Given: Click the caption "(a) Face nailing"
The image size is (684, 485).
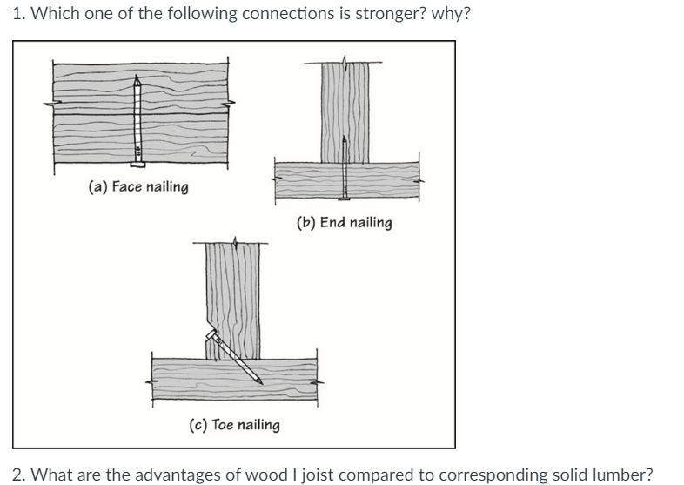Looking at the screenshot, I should [x=138, y=186].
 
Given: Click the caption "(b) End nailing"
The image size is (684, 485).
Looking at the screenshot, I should [x=344, y=223].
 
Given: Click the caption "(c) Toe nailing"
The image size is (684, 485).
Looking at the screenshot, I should [x=234, y=424].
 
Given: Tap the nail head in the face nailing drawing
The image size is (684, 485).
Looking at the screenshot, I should [x=137, y=164].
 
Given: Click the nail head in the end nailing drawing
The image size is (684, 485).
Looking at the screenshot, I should [x=345, y=200].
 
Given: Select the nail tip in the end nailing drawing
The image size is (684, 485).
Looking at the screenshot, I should [x=345, y=138].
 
